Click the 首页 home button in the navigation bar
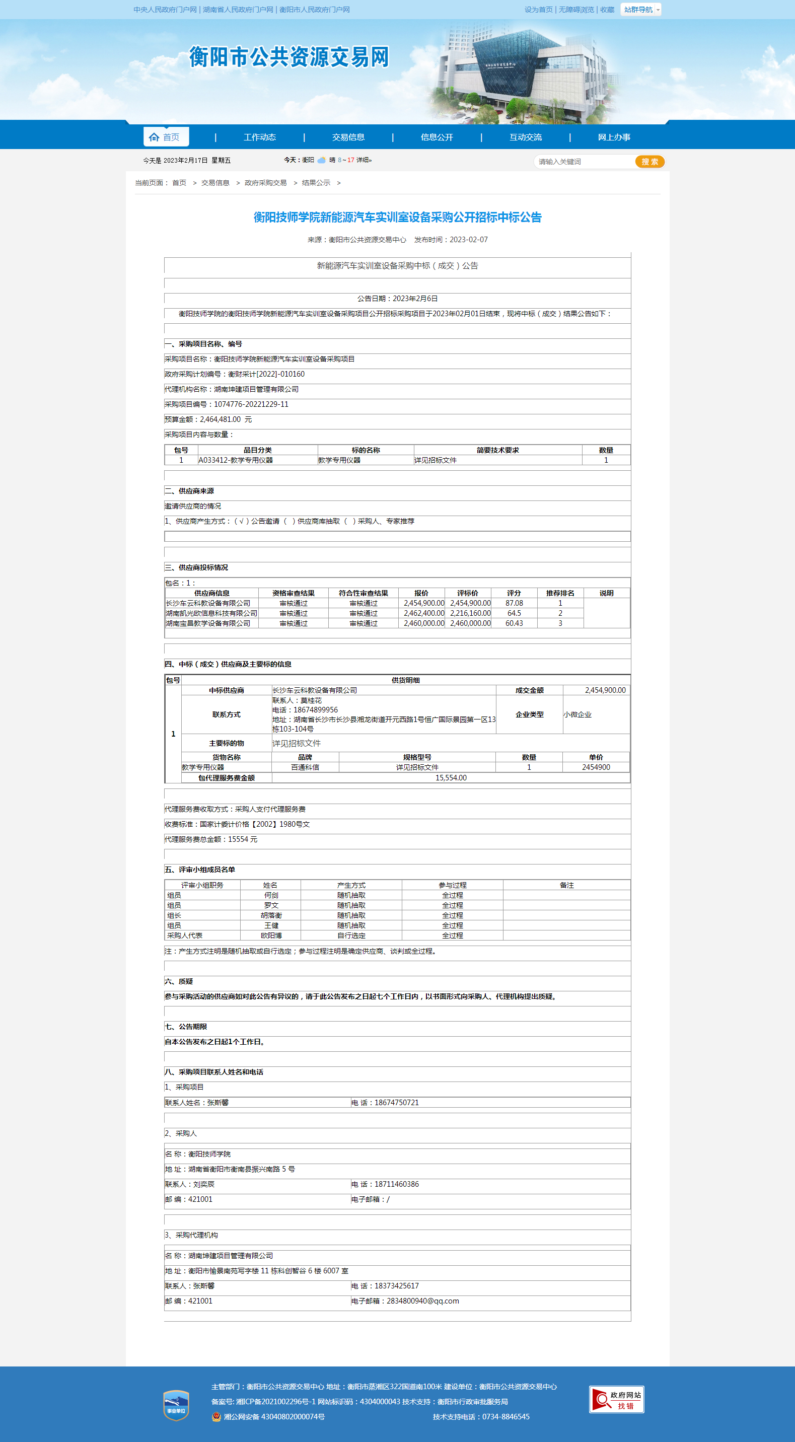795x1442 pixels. pos(166,137)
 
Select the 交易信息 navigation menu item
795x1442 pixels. pos(348,137)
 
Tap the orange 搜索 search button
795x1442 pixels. pos(649,162)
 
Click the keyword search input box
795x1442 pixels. pos(584,162)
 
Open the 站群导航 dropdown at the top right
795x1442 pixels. pos(640,10)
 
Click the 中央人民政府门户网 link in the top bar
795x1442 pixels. pos(165,10)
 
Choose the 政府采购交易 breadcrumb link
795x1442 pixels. pos(265,183)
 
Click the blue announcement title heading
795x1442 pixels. pos(398,217)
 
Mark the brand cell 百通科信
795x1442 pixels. pos(305,767)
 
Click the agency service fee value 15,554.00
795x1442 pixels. pos(451,778)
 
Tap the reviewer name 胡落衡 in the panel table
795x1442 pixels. pos(271,916)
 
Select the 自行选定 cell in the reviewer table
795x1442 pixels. pos(351,936)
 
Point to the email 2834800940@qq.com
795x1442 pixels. pos(423,1302)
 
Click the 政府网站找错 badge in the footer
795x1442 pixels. pos(616,1400)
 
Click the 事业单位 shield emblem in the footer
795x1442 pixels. pos(176,1405)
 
